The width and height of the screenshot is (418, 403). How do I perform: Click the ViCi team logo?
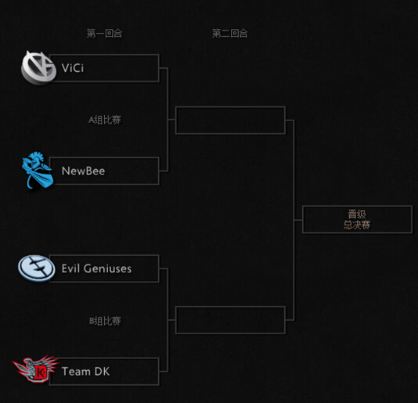(38, 68)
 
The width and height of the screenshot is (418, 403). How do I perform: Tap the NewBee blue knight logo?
(38, 170)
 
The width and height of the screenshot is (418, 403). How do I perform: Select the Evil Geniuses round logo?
(37, 268)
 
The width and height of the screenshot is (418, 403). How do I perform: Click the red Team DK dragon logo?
(35, 369)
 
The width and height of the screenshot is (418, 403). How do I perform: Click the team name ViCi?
(73, 68)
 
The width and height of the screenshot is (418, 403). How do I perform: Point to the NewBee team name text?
(83, 171)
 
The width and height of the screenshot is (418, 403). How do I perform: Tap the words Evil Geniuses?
(96, 268)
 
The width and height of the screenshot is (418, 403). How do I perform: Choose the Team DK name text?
(85, 371)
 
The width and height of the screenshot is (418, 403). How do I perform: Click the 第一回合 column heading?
(105, 34)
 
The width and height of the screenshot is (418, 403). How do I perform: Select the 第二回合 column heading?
(230, 34)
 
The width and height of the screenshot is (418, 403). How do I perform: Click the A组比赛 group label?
(105, 120)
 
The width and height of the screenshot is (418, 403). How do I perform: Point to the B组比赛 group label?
(105, 321)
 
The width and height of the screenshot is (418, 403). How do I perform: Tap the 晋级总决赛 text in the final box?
(357, 219)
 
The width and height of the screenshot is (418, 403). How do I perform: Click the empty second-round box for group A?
(230, 107)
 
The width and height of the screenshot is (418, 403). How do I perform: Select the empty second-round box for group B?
(230, 307)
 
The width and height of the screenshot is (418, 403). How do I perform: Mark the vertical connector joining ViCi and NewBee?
(168, 120)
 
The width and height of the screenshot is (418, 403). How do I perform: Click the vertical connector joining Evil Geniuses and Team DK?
(168, 320)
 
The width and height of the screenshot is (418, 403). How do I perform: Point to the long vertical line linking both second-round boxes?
(294, 220)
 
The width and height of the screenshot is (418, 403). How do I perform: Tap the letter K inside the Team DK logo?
(40, 372)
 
